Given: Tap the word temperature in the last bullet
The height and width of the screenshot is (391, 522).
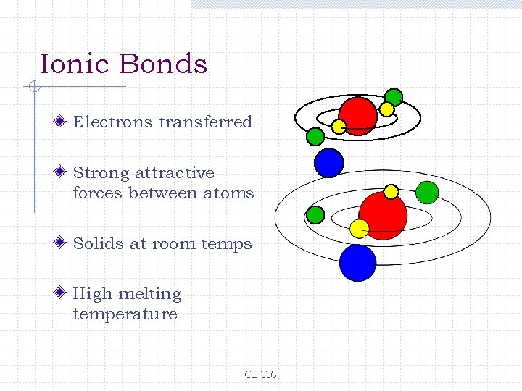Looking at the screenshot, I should pyautogui.click(x=125, y=314).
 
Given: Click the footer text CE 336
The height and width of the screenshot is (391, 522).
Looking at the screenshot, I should pyautogui.click(x=260, y=374).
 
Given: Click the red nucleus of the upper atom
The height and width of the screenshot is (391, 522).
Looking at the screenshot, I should pyautogui.click(x=358, y=115).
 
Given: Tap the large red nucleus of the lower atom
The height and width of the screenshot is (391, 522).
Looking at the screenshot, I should pyautogui.click(x=383, y=215).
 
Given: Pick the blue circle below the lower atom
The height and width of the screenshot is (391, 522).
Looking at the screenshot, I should pyautogui.click(x=357, y=262).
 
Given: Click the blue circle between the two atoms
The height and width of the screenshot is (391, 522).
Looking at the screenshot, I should pyautogui.click(x=328, y=162).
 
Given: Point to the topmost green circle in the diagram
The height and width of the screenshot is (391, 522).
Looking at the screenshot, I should pyautogui.click(x=394, y=97).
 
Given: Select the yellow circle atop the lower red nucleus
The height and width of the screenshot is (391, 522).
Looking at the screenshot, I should pyautogui.click(x=391, y=192).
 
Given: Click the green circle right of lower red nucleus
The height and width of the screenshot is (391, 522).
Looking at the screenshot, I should pyautogui.click(x=428, y=192).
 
